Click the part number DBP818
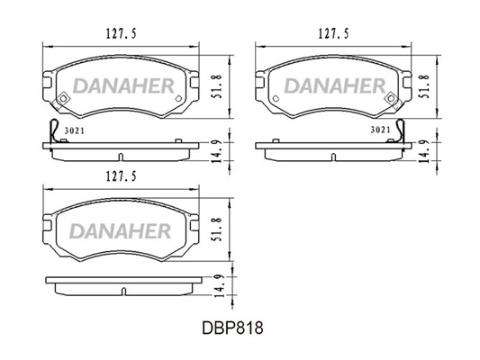(232, 328)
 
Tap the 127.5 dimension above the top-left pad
(121, 33)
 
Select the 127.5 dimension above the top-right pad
(334, 33)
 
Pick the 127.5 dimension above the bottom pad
(121, 176)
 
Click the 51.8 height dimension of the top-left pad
(217, 86)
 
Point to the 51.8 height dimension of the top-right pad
(425, 86)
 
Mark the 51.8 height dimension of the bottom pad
(217, 229)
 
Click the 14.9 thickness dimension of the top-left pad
(217, 151)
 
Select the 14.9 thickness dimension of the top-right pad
(424, 151)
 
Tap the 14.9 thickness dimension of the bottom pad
(220, 285)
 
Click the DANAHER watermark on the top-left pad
(124, 85)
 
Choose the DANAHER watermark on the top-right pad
(335, 85)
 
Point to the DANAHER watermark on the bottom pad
(121, 231)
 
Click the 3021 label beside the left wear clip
(75, 130)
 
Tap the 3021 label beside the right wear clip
(381, 130)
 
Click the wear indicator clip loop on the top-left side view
(54, 130)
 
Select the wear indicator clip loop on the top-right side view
(400, 130)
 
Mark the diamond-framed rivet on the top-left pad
(63, 98)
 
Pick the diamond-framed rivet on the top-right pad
(391, 98)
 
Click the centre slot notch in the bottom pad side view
(123, 292)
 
